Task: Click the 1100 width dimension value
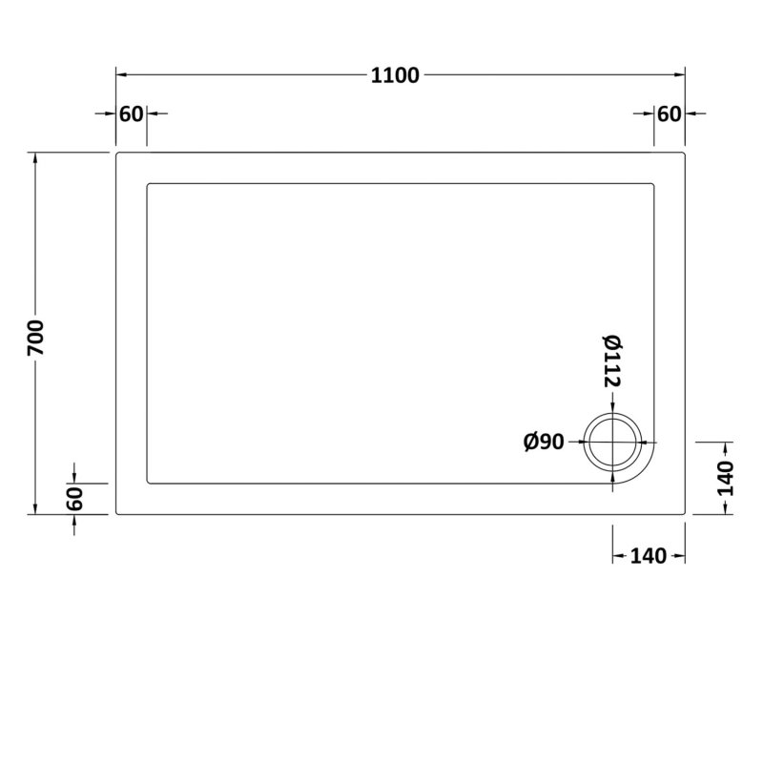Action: [x=395, y=76]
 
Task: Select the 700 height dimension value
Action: [x=37, y=337]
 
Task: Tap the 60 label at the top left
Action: [x=131, y=114]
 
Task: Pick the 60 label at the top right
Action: [x=669, y=114]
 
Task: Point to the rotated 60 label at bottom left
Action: [x=76, y=498]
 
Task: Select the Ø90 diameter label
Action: [x=545, y=442]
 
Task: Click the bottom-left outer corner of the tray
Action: [x=117, y=514]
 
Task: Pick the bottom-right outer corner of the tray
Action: [x=685, y=514]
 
